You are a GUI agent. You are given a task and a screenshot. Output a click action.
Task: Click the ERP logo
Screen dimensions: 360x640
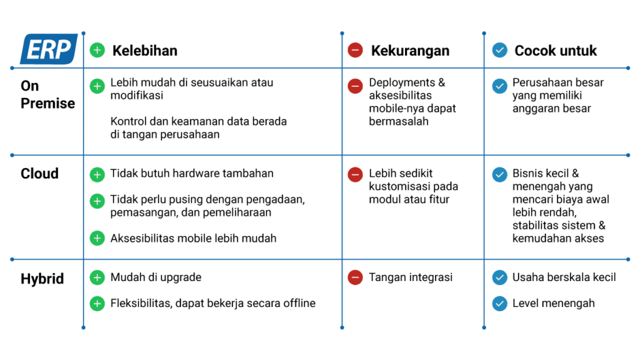[49, 49]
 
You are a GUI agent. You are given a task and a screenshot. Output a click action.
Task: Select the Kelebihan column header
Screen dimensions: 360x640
[144, 50]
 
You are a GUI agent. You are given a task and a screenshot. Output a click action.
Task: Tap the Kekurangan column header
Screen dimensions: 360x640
[409, 50]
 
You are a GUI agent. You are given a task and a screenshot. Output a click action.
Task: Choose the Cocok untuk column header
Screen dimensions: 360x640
[555, 50]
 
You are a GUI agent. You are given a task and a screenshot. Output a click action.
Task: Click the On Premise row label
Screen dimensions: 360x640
[48, 95]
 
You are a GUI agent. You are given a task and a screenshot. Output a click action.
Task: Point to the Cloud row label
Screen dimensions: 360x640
[40, 174]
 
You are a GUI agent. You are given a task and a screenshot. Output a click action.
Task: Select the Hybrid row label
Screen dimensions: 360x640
[42, 279]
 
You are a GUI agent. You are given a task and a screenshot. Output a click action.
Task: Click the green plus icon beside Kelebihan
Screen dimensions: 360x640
[97, 50]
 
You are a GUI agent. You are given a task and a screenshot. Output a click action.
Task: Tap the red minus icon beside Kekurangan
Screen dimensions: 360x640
[355, 50]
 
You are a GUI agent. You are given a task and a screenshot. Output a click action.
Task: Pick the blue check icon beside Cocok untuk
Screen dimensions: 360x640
[500, 50]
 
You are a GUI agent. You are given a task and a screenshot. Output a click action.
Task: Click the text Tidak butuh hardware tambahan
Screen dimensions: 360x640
[192, 174]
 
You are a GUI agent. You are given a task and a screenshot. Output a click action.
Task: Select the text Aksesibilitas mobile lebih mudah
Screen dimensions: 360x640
[193, 238]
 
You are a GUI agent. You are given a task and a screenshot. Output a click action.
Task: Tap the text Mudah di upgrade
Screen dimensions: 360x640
[156, 278]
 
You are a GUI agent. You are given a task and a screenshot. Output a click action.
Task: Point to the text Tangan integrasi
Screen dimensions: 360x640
[411, 278]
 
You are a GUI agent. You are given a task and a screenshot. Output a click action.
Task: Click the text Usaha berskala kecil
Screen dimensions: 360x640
[564, 278]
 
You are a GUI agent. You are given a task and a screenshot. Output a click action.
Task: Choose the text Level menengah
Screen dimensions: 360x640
[554, 303]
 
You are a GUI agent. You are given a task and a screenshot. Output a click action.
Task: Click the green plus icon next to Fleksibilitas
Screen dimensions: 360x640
[97, 303]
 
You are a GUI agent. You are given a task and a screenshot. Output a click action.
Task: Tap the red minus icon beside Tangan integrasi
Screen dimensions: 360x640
[355, 278]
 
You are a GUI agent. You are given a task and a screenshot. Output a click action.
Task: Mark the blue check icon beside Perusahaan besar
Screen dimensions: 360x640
[500, 86]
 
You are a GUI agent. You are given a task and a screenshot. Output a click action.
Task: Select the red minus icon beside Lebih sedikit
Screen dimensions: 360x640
[355, 174]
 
